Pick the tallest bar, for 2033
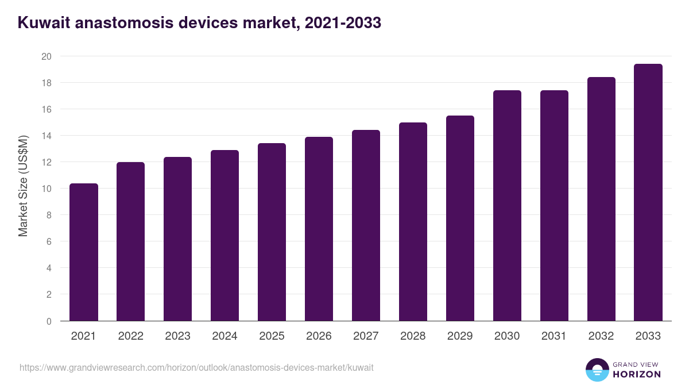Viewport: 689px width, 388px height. click(x=648, y=192)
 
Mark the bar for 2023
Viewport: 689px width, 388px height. click(x=177, y=239)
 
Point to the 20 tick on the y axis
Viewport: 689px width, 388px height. click(x=46, y=56)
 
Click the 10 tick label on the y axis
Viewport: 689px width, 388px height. click(x=46, y=189)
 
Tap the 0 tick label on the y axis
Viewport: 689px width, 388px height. click(x=48, y=321)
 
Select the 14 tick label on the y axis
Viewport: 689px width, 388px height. click(x=46, y=136)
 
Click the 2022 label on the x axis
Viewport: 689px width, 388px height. click(x=130, y=336)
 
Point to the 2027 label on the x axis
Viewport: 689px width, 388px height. click(x=366, y=336)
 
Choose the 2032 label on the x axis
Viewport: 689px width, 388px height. click(x=601, y=336)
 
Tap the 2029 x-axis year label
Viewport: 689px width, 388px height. click(x=460, y=336)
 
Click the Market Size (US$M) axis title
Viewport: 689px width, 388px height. click(x=23, y=186)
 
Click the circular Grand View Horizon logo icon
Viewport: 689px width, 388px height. click(x=597, y=370)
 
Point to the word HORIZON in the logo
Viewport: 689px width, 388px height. click(x=637, y=374)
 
